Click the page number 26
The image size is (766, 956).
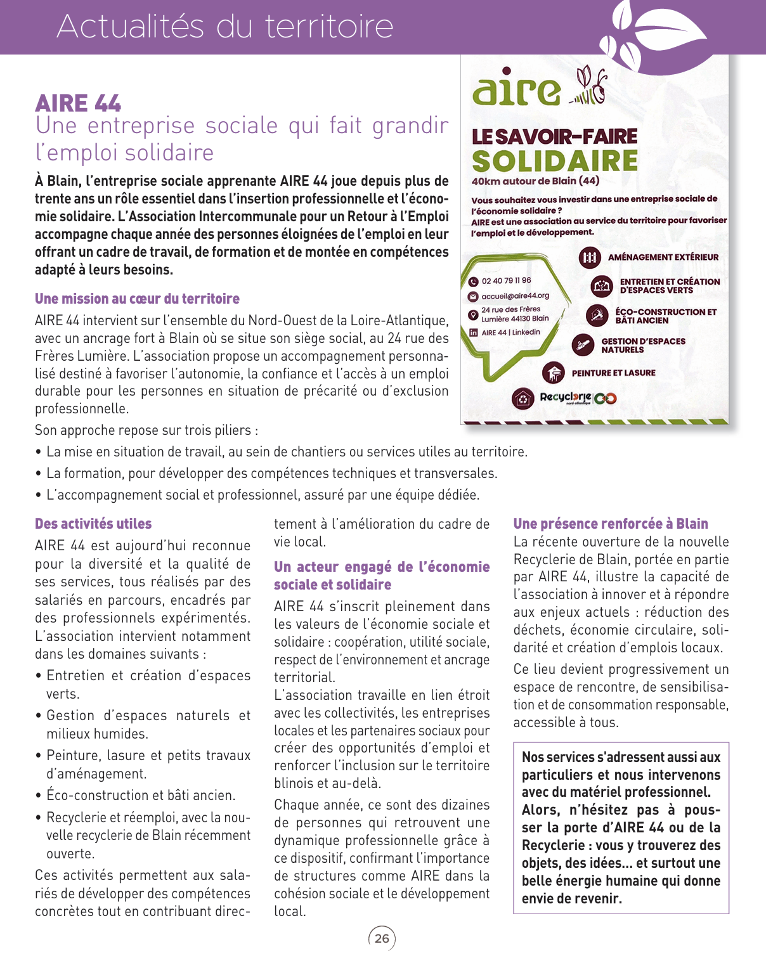pos(382,938)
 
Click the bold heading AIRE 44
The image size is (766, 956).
pos(78,103)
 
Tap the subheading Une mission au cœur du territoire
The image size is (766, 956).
pos(137,299)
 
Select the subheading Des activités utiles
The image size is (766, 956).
pos(93,524)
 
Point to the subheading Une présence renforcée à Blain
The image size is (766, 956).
pos(611,524)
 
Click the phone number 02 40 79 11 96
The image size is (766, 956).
pos(506,281)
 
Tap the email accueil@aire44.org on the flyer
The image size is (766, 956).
pos(515,296)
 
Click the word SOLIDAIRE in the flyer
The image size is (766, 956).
pos(555,161)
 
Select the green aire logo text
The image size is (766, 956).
pos(516,90)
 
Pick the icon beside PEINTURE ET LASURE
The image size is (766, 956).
pos(554,373)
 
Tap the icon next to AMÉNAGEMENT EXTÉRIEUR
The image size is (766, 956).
pos(590,257)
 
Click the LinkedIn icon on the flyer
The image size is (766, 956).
pos(473,332)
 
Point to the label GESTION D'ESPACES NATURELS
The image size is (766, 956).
pos(643,346)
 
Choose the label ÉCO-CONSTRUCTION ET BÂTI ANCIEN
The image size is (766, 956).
pos(665,316)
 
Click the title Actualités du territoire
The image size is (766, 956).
pos(225,27)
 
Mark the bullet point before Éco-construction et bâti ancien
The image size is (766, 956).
pos(39,796)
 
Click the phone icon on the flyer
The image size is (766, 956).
pos(473,281)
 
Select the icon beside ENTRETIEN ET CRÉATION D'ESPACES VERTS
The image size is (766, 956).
pos(601,287)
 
